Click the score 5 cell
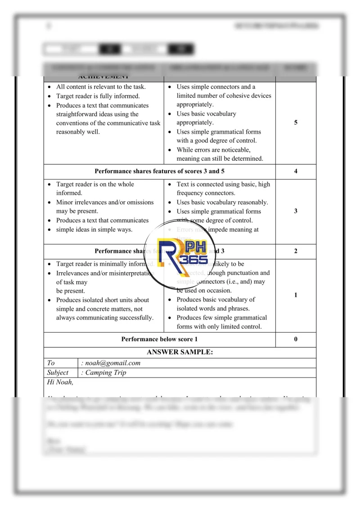coord(296,122)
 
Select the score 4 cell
coord(296,171)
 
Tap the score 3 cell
coord(296,211)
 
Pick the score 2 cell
coord(296,251)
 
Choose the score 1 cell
coord(296,295)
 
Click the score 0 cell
coord(296,339)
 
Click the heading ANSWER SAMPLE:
coord(180,352)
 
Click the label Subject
coord(58,373)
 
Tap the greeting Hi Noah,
coord(60,383)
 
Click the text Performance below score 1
coord(159,339)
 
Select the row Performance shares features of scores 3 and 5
coord(159,171)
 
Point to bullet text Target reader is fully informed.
coord(98,96)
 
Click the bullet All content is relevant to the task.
coord(101,87)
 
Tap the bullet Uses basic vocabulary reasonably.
coord(222,203)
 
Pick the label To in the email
coord(51,363)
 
